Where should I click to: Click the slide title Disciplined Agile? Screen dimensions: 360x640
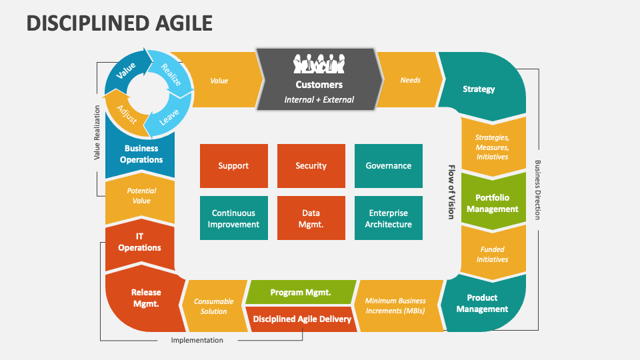(120, 23)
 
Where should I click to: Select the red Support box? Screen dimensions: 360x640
(233, 166)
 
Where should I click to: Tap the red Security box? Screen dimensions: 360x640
(311, 166)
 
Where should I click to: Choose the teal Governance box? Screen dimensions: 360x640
(388, 166)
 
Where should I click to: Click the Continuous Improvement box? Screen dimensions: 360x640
(233, 218)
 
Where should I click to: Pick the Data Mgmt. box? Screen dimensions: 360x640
(311, 218)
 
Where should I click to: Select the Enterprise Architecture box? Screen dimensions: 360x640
(388, 218)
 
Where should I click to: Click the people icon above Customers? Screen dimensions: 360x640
(319, 64)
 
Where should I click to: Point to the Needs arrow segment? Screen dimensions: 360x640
(410, 80)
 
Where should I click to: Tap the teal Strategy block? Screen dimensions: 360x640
(479, 89)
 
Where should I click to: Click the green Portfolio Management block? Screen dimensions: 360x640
(492, 203)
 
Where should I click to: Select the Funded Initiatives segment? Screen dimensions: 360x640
(493, 254)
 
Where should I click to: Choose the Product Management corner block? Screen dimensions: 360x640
(482, 303)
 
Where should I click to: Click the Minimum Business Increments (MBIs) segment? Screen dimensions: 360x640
(395, 305)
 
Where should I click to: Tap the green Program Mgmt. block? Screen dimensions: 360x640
(300, 293)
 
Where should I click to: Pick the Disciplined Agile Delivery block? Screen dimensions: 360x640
(301, 319)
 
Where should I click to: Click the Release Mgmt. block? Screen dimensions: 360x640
(145, 297)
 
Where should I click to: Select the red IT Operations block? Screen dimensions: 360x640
(139, 242)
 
